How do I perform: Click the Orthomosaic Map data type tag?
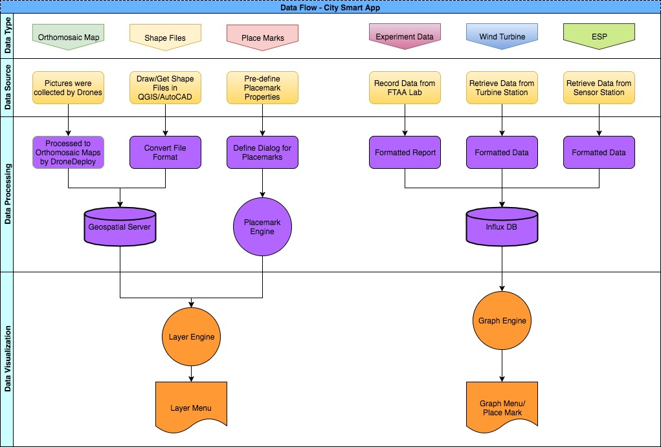pos(68,37)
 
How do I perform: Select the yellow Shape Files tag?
pos(165,37)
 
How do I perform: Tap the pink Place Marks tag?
pos(262,38)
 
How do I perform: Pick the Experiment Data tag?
pos(405,36)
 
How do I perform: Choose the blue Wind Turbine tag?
pos(502,36)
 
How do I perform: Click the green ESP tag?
pos(599,36)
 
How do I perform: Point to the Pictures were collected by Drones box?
pos(68,88)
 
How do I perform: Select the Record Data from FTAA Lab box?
pos(405,88)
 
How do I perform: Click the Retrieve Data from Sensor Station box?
pos(599,88)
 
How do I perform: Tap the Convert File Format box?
pos(165,153)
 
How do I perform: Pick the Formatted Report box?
pos(405,153)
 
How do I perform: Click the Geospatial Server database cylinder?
pos(120,226)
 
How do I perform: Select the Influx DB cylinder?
pos(502,226)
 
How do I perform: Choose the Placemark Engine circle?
pos(262,226)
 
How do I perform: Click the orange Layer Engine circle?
pos(191,336)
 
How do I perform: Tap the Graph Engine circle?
pos(502,320)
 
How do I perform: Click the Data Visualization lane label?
pos(7,359)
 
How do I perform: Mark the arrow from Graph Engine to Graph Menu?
pos(502,364)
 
